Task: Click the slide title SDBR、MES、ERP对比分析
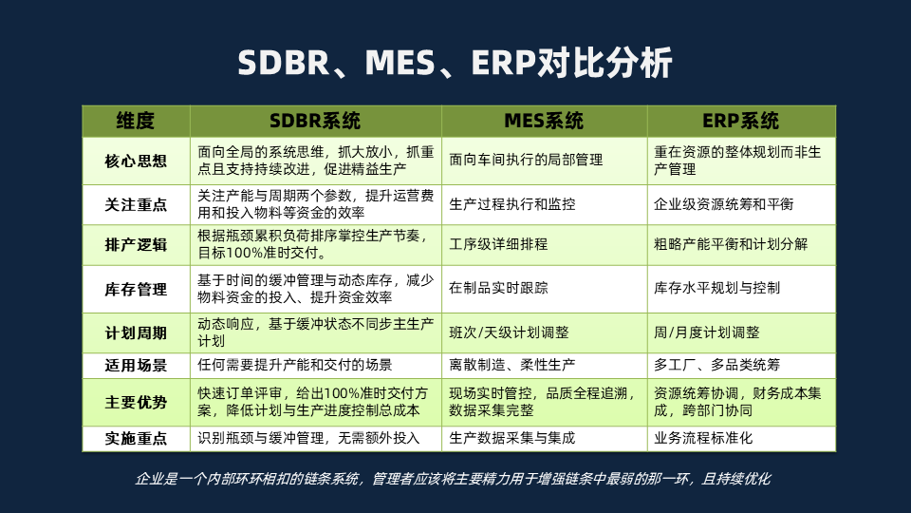coord(455,63)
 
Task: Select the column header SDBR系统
coord(315,121)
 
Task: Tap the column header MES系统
coord(544,121)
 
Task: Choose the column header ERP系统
coord(741,121)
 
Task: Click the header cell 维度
coord(136,121)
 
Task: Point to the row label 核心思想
coord(136,161)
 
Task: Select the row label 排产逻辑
coord(136,245)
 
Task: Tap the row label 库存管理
coord(136,289)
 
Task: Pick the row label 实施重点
coord(136,438)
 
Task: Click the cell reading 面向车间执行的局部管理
coord(526,160)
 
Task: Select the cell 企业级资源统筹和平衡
coord(723,204)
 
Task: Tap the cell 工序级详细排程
coord(498,244)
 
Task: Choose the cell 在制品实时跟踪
coord(498,288)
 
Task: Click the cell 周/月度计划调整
coord(706,332)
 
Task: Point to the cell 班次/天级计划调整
coord(509,332)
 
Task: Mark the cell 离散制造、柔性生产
coord(511,365)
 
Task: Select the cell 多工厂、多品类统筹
coord(717,365)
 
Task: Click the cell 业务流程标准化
coord(703,438)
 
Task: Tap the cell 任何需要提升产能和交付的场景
coord(294,365)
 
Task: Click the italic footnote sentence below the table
coord(453,479)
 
